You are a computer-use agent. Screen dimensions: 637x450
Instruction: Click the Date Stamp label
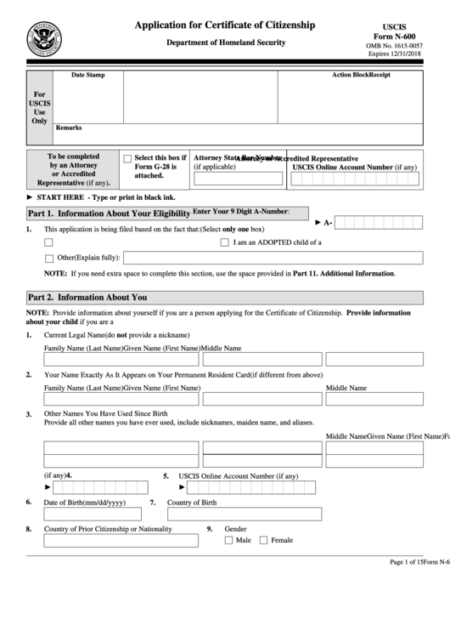pos(87,76)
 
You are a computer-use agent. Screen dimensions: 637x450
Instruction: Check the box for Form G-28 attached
pos(127,158)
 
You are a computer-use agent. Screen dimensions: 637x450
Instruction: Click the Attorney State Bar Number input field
pos(239,179)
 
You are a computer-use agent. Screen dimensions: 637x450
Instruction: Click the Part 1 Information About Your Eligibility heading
pos(108,213)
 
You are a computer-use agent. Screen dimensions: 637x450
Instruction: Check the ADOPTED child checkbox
pos(225,242)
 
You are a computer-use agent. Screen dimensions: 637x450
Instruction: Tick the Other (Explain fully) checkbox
pos(48,258)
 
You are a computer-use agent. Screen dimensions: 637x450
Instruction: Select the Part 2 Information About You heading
pos(87,298)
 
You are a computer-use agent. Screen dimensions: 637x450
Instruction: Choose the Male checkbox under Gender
pos(229,540)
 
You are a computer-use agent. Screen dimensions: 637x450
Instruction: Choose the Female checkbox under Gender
pos(263,540)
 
